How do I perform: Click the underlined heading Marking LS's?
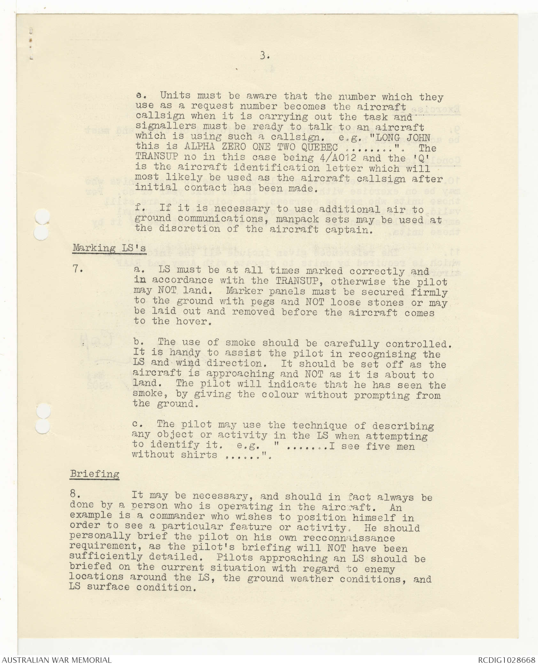109,248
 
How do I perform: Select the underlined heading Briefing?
95,474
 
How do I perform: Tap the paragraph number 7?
78,269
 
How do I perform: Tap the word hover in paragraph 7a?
193,321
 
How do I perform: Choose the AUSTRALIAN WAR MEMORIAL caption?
56,660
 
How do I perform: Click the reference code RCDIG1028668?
506,660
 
